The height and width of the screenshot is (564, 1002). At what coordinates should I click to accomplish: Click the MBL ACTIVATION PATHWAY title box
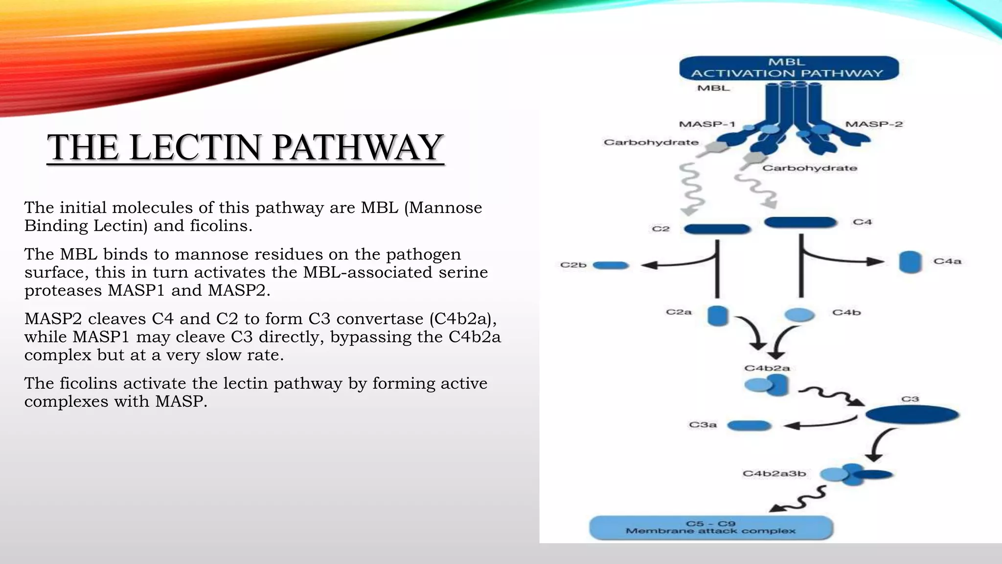pos(789,68)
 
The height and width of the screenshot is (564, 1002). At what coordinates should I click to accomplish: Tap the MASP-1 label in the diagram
pos(707,124)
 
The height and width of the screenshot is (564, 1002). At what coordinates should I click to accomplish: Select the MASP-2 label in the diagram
pos(874,124)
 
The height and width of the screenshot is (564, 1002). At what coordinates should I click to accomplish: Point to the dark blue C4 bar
pos(800,223)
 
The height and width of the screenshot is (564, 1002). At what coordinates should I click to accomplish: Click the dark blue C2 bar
pos(717,229)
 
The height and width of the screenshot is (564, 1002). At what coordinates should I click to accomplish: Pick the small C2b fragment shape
pos(611,266)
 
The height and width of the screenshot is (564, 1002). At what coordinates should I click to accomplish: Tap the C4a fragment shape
pos(910,262)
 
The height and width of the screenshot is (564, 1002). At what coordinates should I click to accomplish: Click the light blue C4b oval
pos(799,314)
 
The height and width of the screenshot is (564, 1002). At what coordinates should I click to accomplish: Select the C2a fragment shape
pos(718,316)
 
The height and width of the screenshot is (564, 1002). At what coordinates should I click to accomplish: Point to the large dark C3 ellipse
pos(912,415)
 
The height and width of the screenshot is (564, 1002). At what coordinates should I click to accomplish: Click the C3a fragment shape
pos(749,426)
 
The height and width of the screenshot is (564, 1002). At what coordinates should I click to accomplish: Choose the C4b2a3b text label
pos(774,474)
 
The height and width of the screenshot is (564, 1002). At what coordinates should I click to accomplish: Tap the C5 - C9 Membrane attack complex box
pos(711,528)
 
